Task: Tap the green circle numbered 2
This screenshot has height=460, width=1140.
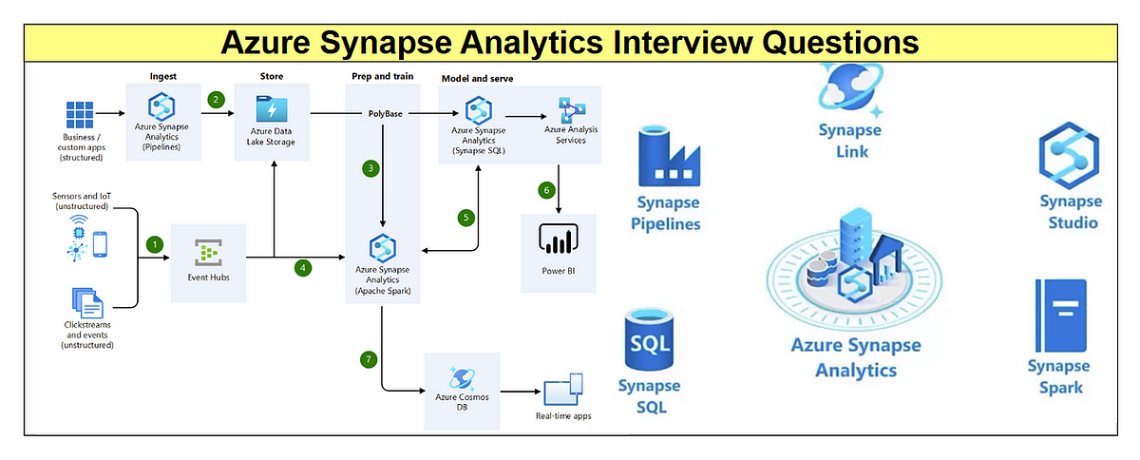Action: (x=217, y=99)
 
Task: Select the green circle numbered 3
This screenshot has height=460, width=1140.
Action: (x=370, y=168)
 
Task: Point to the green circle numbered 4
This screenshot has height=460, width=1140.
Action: (x=303, y=268)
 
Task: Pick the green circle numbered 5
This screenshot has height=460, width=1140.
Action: (x=465, y=218)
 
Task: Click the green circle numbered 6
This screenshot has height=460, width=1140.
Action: (x=546, y=190)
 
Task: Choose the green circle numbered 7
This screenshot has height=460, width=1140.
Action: (x=369, y=359)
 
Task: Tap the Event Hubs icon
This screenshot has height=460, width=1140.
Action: (x=208, y=253)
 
